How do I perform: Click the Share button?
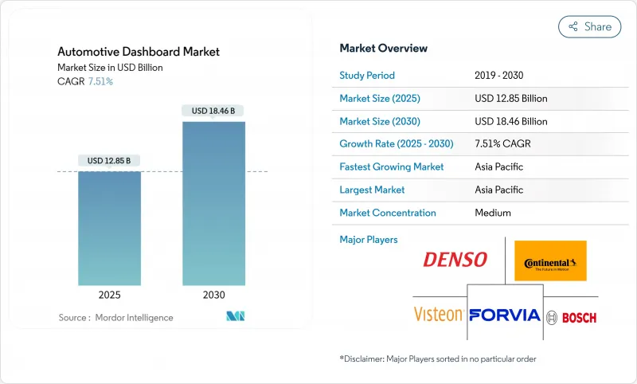pyautogui.click(x=590, y=26)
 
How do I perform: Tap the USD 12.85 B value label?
pyautogui.click(x=109, y=161)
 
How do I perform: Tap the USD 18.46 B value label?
pyautogui.click(x=213, y=111)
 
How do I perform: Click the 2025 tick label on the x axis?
pyautogui.click(x=109, y=294)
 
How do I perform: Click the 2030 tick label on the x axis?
pyautogui.click(x=213, y=294)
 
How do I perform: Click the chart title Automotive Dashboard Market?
pyautogui.click(x=139, y=52)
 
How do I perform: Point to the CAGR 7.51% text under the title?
pyautogui.click(x=85, y=81)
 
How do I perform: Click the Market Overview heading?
pyautogui.click(x=383, y=49)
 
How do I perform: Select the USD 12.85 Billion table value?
pyautogui.click(x=510, y=99)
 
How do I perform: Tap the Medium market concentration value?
pyautogui.click(x=492, y=213)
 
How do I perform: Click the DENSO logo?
pyautogui.click(x=455, y=260)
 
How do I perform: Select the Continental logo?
pyautogui.click(x=550, y=261)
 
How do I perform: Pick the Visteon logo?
pyautogui.click(x=439, y=314)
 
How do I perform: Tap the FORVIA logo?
pyautogui.click(x=505, y=315)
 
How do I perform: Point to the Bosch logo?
pyautogui.click(x=572, y=317)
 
